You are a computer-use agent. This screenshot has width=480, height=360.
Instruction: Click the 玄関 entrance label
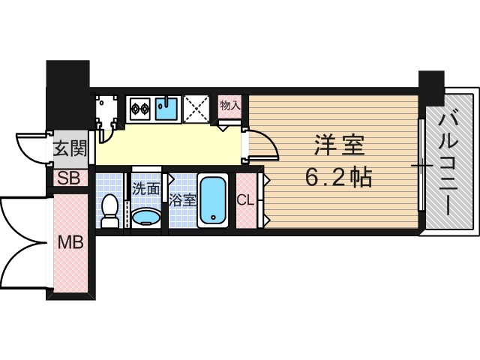point(69,148)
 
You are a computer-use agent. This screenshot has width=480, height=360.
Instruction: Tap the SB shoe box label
point(69,178)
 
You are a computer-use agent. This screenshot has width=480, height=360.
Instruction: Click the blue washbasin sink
point(145,217)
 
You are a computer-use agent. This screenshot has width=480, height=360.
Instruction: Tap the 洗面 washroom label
point(145,188)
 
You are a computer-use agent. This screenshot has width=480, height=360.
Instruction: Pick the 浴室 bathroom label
point(182,200)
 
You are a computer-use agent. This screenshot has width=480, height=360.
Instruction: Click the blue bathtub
point(214,200)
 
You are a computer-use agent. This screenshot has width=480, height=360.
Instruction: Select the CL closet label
point(245,200)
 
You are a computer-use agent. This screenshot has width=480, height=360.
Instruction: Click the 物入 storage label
point(229,106)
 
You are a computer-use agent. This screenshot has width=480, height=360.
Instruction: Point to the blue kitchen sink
point(167,108)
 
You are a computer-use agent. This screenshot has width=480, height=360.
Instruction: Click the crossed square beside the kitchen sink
point(196,109)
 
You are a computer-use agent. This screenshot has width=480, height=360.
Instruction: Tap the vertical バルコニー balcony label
point(451,161)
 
